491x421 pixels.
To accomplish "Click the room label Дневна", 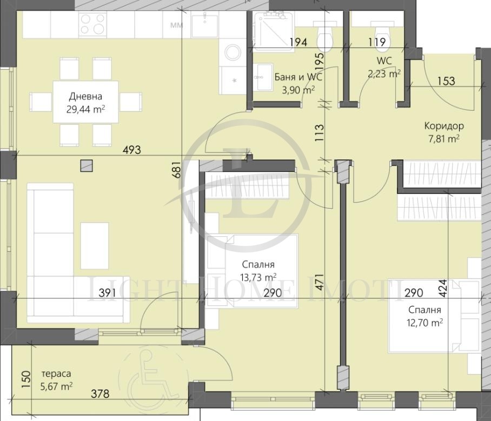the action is coord(85,96).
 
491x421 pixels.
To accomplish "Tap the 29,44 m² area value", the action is coord(85,109).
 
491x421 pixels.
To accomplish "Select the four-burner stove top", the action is coord(92,24).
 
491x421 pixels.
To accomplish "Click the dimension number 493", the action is coord(131,150).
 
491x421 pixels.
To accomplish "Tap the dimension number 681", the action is coord(177,170).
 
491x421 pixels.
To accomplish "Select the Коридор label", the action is coord(444,126).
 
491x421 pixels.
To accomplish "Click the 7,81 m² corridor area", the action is coord(444,138).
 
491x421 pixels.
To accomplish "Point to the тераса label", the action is coord(56,373).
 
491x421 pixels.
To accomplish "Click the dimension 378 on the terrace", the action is coord(100,393).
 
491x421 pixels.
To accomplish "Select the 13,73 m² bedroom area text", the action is coord(258,277).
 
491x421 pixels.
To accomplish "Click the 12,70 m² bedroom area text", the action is coord(424,323).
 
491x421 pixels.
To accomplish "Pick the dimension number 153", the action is coord(446,81).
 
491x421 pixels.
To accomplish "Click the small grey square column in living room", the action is coord(87,165).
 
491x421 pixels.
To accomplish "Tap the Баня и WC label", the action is coord(298,77).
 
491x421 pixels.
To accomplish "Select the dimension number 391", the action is coord(107,293).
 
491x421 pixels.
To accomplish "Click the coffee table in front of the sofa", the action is coord(95,246).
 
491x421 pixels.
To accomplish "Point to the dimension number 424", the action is coord(443,288).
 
